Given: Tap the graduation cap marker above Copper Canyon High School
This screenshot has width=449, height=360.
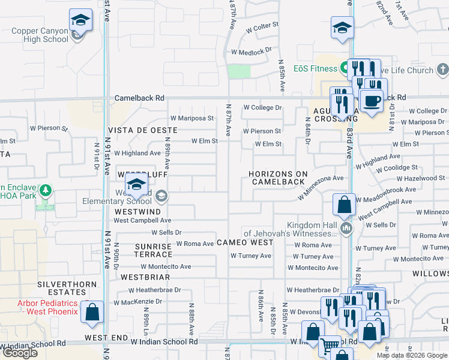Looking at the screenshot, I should click(x=80, y=21).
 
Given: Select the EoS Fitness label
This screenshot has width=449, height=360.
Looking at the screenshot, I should click(x=315, y=68).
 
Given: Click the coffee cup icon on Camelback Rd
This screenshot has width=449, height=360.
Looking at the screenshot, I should click(x=371, y=101).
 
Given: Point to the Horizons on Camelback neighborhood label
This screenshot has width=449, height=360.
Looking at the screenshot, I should click(x=279, y=178).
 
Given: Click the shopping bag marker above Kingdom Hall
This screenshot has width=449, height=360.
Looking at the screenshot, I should click(x=345, y=205).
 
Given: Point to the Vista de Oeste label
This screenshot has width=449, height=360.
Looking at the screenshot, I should click(x=143, y=130).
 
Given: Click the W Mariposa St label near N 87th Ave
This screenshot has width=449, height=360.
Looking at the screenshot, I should click(x=192, y=118).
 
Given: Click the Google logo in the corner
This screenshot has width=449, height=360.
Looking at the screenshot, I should click(x=20, y=353).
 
